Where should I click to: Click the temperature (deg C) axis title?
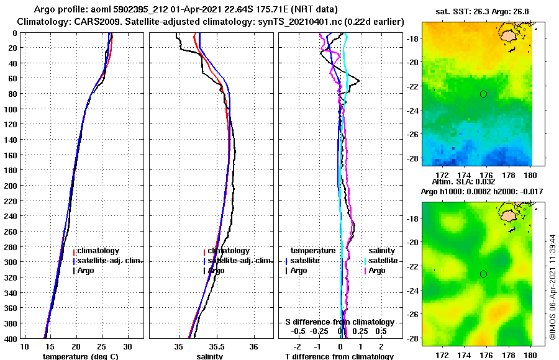coord(80,356)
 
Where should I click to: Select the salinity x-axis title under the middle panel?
coord(210,356)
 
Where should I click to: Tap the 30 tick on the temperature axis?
coord(128,346)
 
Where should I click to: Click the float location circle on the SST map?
coord(483,94)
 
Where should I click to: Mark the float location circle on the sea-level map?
coord(483,274)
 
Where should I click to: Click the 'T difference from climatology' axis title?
coord(339,356)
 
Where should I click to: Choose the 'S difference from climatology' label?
coord(340,322)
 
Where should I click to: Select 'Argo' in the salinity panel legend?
coord(216,271)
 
